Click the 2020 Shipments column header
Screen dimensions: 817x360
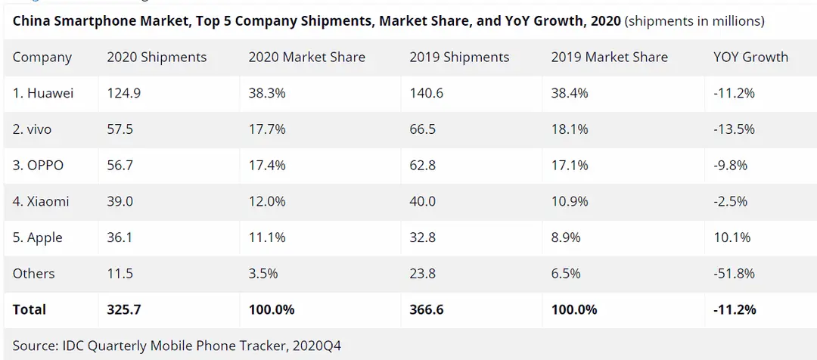tap(157, 57)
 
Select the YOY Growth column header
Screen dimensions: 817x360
tap(751, 57)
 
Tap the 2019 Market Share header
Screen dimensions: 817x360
tap(609, 57)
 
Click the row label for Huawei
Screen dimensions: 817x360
tap(42, 93)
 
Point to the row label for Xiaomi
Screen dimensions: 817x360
tap(41, 202)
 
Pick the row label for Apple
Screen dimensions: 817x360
tap(38, 238)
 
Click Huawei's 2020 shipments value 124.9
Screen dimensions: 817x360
tap(123, 93)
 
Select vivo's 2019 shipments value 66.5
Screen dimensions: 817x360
tap(423, 129)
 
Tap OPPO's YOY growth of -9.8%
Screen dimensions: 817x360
tap(731, 166)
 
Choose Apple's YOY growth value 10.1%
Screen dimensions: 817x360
tap(732, 237)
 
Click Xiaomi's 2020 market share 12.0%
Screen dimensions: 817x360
tap(267, 202)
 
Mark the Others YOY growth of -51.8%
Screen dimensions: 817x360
tap(734, 274)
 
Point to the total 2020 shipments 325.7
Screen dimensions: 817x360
tap(124, 309)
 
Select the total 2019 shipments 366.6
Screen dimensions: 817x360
tap(427, 309)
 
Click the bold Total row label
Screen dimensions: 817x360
tap(30, 309)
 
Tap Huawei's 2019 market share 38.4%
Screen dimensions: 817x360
tap(570, 93)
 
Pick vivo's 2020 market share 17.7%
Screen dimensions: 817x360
tap(267, 129)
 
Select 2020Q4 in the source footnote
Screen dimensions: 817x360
tap(317, 346)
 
